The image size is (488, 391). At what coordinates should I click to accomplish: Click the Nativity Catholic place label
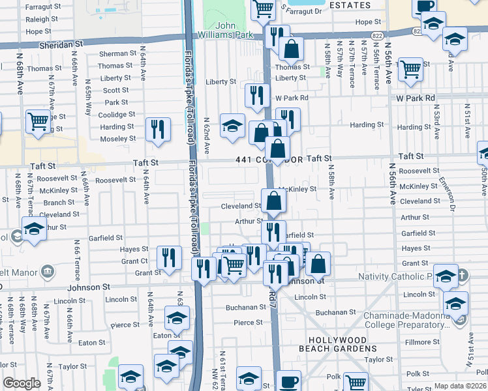point(396,277)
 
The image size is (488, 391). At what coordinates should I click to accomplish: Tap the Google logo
point(22,383)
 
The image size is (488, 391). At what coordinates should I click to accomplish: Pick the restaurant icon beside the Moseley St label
point(157,128)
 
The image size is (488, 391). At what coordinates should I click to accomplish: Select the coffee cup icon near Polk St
point(288,381)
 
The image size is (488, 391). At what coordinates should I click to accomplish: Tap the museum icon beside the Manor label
point(47,270)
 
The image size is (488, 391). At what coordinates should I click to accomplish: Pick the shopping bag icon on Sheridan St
point(291,48)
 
